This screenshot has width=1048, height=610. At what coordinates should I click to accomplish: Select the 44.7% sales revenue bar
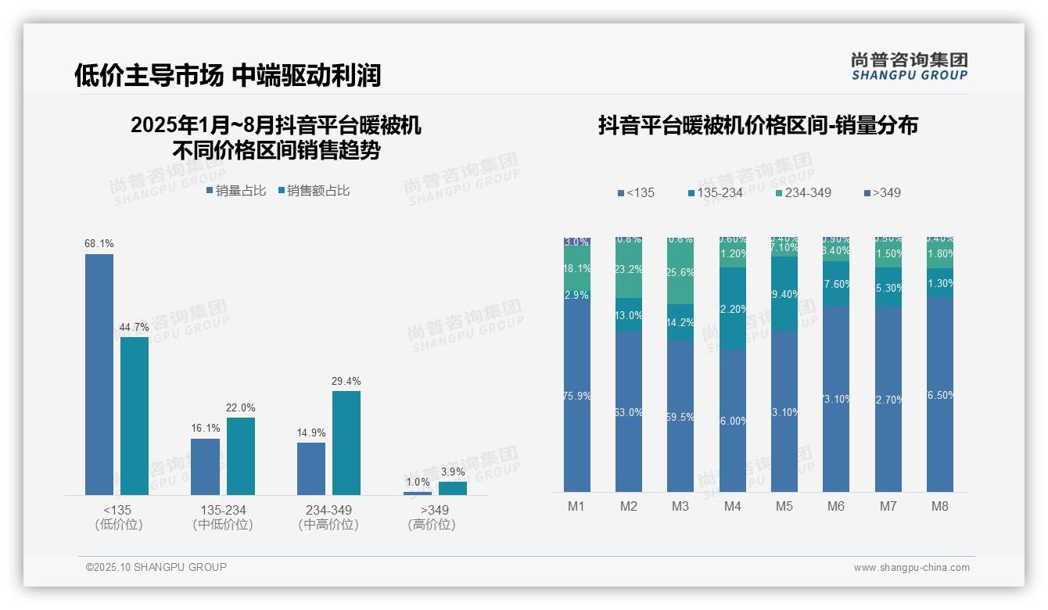pyautogui.click(x=135, y=415)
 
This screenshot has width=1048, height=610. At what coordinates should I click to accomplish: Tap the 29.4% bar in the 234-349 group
pyautogui.click(x=346, y=443)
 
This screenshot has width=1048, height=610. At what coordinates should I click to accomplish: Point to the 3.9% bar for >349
pyautogui.click(x=452, y=488)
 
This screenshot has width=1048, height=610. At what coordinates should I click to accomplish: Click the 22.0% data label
pyautogui.click(x=241, y=408)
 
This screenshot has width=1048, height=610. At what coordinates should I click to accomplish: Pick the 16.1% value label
pyautogui.click(x=205, y=429)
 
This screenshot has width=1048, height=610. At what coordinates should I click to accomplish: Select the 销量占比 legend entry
pyautogui.click(x=236, y=191)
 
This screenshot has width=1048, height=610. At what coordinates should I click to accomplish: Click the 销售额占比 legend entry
pyautogui.click(x=314, y=191)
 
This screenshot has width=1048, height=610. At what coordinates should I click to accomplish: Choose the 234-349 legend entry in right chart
pyautogui.click(x=803, y=192)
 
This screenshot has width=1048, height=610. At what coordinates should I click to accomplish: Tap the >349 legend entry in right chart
pyautogui.click(x=883, y=192)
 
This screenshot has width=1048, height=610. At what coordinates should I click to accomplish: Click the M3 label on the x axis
pyautogui.click(x=680, y=506)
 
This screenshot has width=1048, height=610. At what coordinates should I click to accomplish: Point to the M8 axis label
pyautogui.click(x=940, y=506)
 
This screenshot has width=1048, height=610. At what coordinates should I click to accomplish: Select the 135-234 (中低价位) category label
pyautogui.click(x=223, y=517)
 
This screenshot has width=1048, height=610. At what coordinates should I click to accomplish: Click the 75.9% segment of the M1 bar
pyautogui.click(x=577, y=396)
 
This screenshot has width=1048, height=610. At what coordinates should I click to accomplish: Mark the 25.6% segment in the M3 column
pyautogui.click(x=680, y=272)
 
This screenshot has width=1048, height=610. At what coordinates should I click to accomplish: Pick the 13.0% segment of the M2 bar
pyautogui.click(x=629, y=315)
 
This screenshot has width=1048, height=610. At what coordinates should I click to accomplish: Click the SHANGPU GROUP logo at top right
pyautogui.click(x=910, y=66)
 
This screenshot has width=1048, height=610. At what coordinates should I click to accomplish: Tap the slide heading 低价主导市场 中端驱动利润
pyautogui.click(x=228, y=75)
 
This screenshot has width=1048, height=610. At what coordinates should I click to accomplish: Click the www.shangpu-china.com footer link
pyautogui.click(x=911, y=568)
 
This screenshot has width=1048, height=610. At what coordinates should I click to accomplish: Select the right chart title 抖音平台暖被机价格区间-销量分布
pyautogui.click(x=758, y=125)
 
